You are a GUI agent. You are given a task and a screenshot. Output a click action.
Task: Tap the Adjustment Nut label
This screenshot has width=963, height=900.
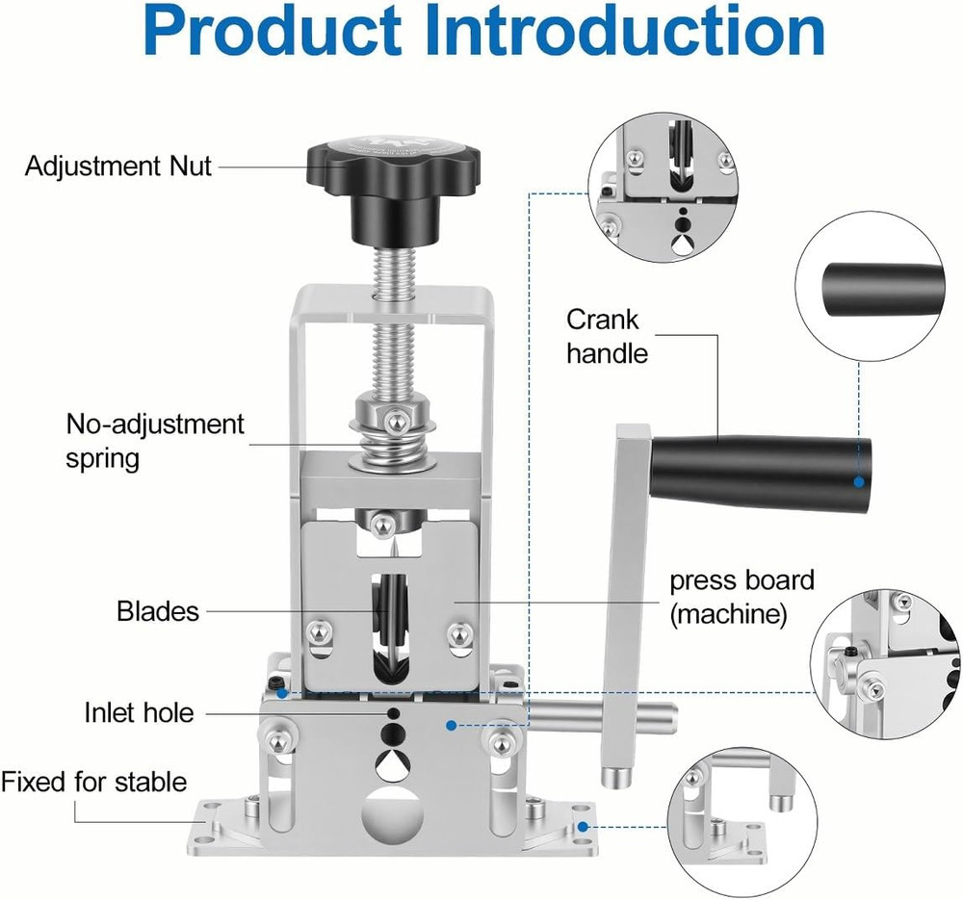118,167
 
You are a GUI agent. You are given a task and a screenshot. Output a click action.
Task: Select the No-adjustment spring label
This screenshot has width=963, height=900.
155,440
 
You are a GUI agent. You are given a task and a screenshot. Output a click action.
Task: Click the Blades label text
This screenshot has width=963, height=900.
158,610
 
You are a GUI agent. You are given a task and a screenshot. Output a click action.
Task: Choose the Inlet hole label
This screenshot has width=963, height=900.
139,712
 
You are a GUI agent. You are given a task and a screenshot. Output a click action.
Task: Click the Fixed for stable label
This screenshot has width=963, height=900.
93,781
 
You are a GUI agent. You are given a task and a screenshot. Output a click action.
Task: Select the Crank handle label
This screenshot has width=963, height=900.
607,336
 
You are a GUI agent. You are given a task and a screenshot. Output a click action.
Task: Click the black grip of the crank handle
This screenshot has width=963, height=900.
761,472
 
